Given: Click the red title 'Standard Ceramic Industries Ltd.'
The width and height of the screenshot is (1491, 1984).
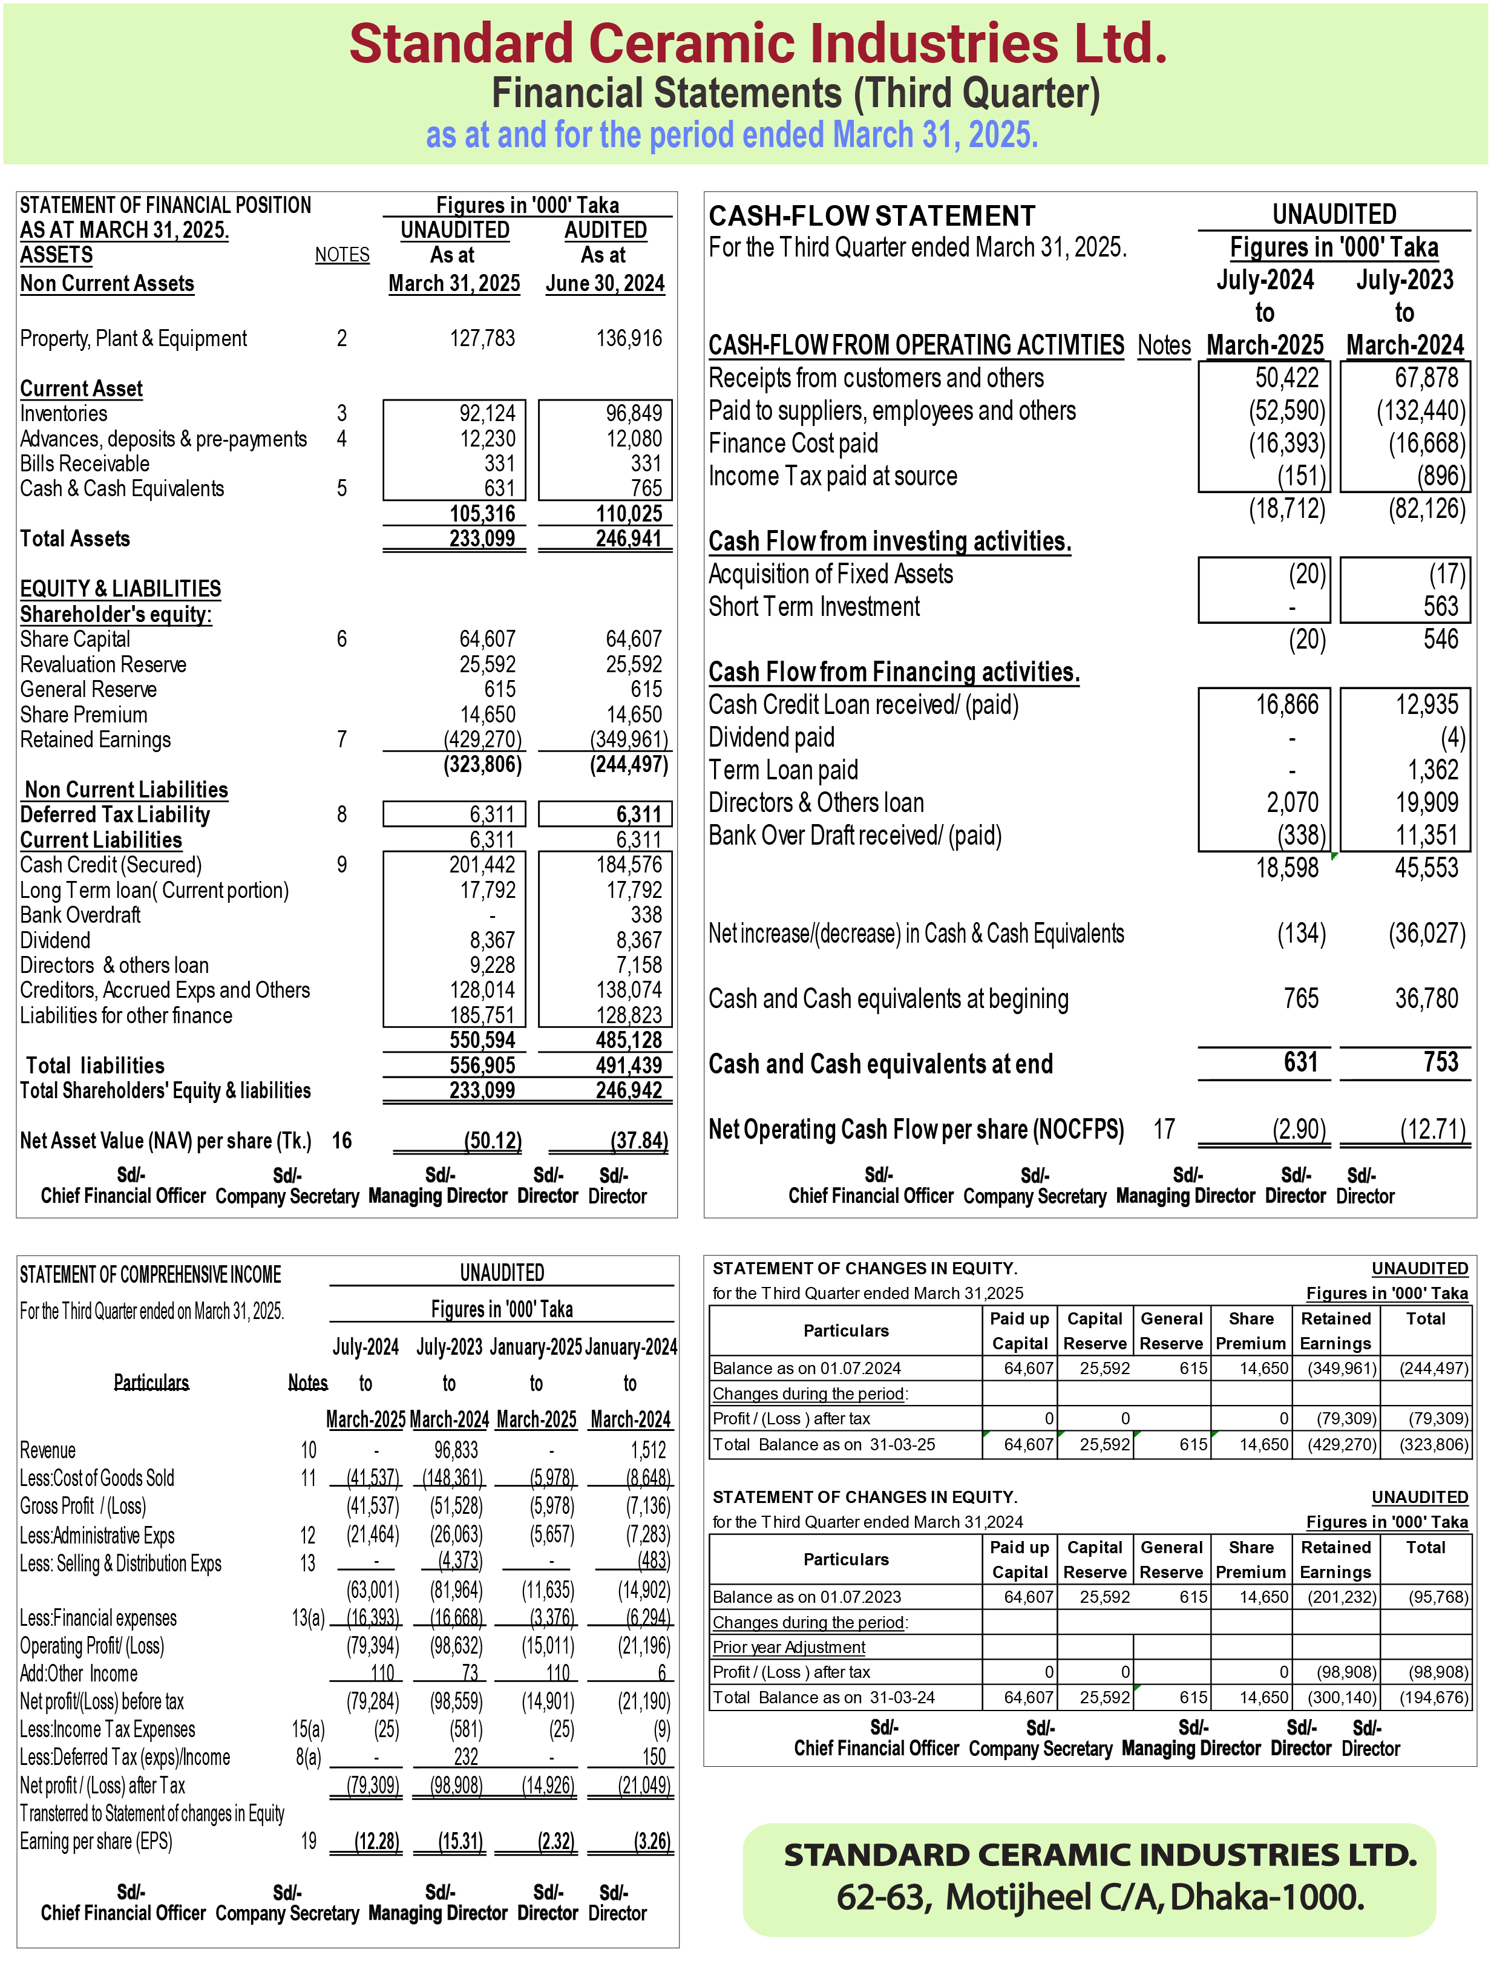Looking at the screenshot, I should [758, 44].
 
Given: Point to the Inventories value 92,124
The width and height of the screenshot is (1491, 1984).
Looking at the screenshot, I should [487, 413].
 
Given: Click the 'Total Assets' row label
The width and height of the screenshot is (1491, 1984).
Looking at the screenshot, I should [76, 539].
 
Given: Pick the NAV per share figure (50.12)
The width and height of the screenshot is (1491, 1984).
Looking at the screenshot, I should [493, 1141].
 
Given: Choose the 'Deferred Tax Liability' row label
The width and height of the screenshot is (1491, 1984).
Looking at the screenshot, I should [115, 815].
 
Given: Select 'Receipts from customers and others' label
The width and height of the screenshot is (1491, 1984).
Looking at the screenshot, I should [876, 379].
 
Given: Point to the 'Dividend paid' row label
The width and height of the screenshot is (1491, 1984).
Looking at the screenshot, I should [772, 738].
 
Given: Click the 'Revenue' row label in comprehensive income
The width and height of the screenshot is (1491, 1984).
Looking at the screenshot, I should [48, 1450].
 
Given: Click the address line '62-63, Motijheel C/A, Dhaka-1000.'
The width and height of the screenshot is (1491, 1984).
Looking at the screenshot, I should [1100, 1898].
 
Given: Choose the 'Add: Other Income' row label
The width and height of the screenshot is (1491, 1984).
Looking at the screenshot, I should [79, 1674].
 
